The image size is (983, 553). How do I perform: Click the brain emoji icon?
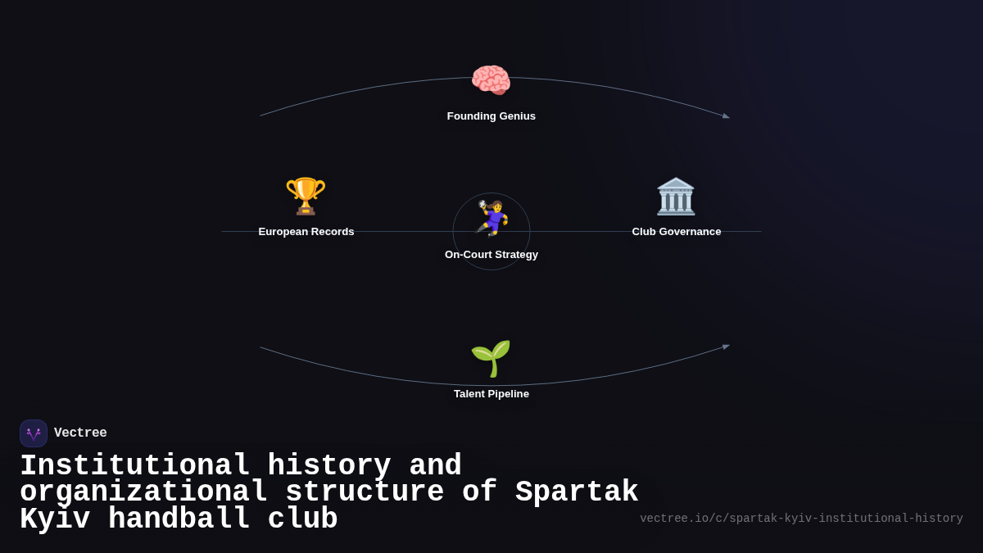(491, 81)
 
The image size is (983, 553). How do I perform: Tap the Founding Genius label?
(491, 116)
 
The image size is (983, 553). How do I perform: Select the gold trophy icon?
(306, 197)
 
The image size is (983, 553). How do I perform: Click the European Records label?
(306, 232)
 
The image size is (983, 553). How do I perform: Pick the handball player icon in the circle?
(492, 218)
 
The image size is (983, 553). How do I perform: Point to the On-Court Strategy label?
(491, 255)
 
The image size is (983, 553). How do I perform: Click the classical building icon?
(676, 197)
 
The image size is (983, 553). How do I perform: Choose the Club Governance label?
(677, 232)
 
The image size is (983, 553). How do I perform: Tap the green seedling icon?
(491, 359)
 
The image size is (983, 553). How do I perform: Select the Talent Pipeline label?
(491, 394)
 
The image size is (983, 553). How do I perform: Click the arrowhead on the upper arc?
(726, 116)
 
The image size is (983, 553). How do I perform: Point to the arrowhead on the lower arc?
(726, 347)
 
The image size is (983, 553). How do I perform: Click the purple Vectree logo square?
(34, 433)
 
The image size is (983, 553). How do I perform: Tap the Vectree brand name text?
(80, 433)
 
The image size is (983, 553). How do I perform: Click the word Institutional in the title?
(135, 466)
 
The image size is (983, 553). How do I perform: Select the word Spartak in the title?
(577, 492)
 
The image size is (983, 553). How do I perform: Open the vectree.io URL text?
(801, 519)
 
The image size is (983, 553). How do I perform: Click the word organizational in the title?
(143, 492)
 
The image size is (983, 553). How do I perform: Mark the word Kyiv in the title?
(55, 519)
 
